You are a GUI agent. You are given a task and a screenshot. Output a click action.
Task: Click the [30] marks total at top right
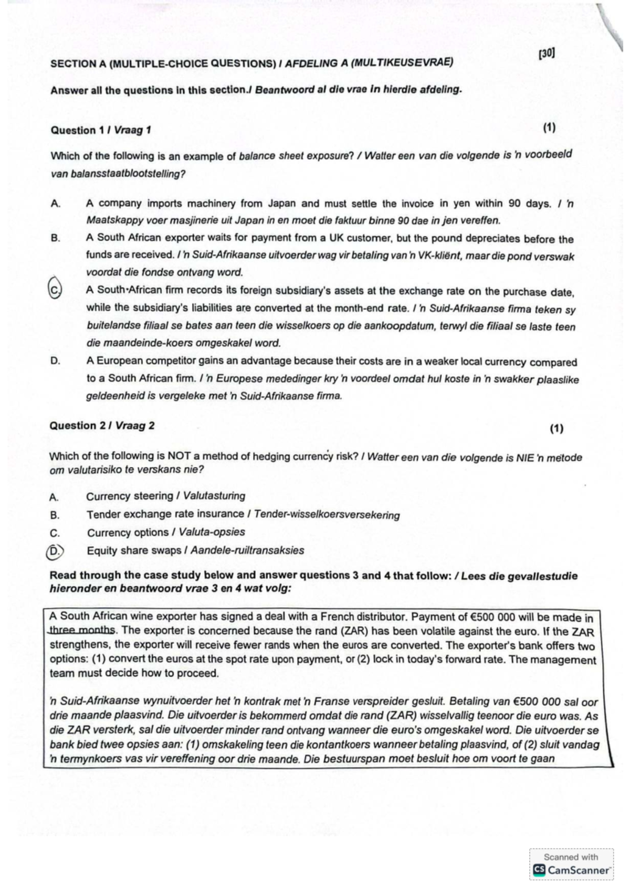(x=547, y=54)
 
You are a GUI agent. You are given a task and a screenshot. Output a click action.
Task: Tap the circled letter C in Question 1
(x=55, y=289)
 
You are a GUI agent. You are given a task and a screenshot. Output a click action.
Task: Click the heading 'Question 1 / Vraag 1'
(x=101, y=130)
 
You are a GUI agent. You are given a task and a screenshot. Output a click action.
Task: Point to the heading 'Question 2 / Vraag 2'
(x=102, y=426)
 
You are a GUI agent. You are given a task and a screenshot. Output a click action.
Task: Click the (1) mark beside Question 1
(x=549, y=128)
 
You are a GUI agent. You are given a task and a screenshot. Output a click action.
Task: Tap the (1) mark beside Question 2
(x=556, y=429)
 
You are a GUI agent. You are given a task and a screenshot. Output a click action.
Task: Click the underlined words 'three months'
(x=82, y=631)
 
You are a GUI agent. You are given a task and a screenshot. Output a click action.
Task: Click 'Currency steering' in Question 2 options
(x=130, y=496)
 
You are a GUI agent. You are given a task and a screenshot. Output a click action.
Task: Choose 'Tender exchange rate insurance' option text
(x=165, y=514)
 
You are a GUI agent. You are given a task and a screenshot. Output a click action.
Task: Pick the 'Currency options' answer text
(x=128, y=533)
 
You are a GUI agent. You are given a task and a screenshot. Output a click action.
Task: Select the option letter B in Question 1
(x=55, y=238)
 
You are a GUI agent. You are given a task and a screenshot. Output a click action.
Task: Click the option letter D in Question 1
(x=55, y=361)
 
